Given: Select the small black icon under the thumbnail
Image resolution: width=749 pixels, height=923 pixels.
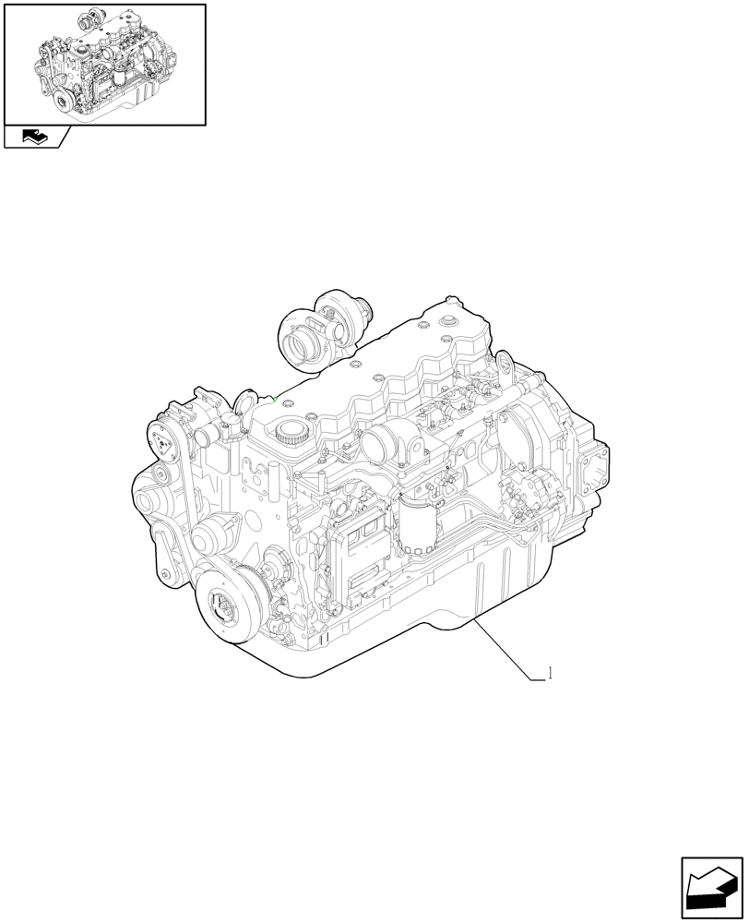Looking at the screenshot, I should click(x=32, y=138).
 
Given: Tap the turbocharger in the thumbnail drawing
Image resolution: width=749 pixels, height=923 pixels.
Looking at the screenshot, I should click(x=89, y=19).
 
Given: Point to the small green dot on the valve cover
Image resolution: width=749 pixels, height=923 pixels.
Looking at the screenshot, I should click(x=276, y=399).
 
